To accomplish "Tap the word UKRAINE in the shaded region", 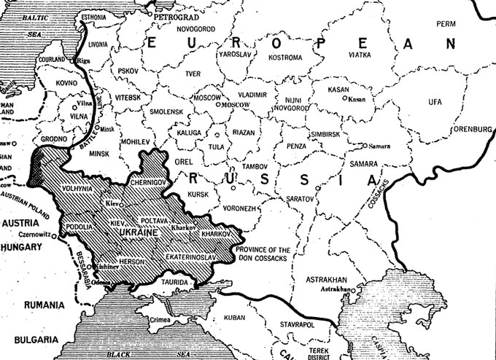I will pos(135,231).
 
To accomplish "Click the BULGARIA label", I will pos(29,340).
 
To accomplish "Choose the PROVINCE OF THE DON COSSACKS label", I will pos(263,254).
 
